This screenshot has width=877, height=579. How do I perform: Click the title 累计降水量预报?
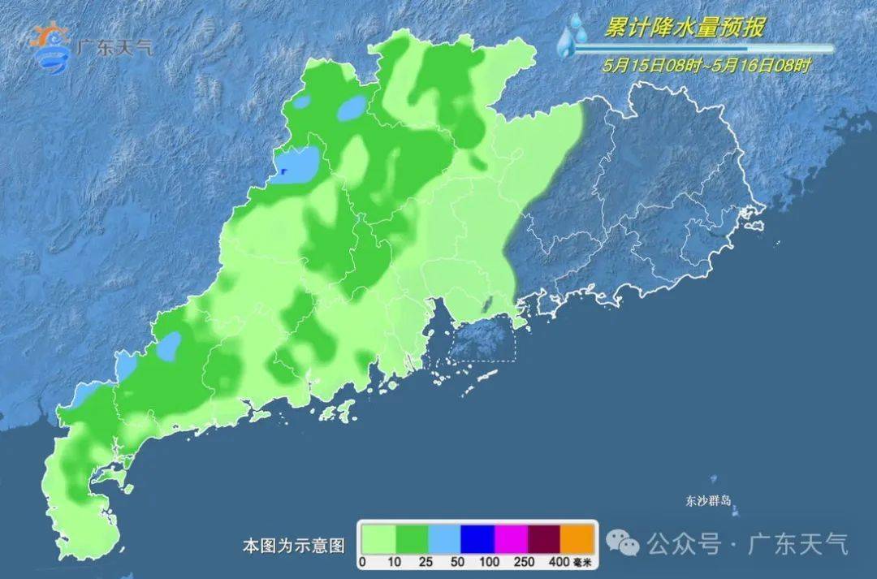[x=684, y=28]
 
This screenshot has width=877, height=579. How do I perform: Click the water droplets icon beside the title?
[x=573, y=36]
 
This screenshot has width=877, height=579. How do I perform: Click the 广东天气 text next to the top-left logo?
[x=114, y=45]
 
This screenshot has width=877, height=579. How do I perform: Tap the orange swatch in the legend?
[x=577, y=538]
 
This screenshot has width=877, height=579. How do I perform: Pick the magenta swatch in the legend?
[x=511, y=538]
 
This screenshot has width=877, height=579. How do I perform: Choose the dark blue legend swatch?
[x=477, y=538]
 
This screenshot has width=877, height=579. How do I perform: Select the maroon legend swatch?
[x=544, y=538]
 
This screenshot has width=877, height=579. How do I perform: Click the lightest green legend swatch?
[x=378, y=538]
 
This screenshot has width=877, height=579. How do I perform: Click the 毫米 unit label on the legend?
[x=585, y=562]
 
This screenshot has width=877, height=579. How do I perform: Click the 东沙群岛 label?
[x=709, y=501]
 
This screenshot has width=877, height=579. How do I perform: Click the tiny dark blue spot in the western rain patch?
[x=284, y=171]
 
